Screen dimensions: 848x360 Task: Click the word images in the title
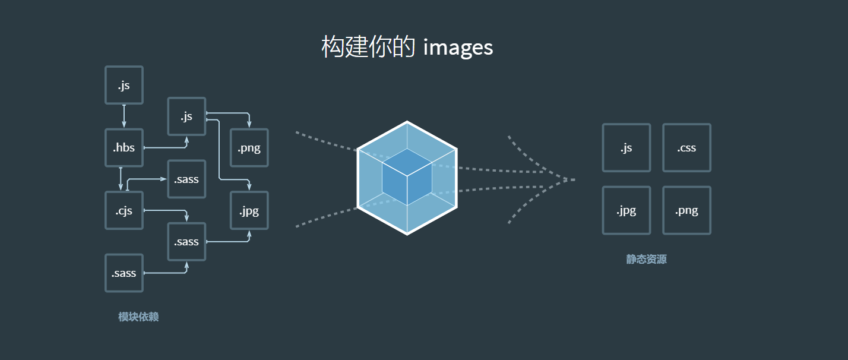[458, 47]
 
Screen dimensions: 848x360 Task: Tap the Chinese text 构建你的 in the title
[368, 47]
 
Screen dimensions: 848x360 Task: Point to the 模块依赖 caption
[138, 317]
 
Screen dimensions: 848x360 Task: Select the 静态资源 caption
[646, 260]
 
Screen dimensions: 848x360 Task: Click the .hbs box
[124, 148]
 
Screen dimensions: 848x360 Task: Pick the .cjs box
[124, 210]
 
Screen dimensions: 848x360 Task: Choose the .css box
[686, 148]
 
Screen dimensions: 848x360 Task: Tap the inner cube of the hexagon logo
[407, 176]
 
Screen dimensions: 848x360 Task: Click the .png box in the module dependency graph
[249, 148]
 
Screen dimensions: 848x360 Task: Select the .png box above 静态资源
[686, 210]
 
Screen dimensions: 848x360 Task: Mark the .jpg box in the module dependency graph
[249, 210]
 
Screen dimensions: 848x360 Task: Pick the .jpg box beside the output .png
[626, 210]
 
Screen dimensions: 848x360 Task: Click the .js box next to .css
[626, 148]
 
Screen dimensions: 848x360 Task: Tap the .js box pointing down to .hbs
[124, 85]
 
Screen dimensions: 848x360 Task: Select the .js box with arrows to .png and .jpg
[186, 116]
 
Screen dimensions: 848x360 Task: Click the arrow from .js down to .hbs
[124, 116]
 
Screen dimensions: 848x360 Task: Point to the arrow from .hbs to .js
[166, 147]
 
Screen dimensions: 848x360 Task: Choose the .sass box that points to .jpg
[186, 242]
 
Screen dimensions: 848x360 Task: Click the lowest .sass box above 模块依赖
[124, 273]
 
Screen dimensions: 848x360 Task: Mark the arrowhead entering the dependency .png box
[249, 125]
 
